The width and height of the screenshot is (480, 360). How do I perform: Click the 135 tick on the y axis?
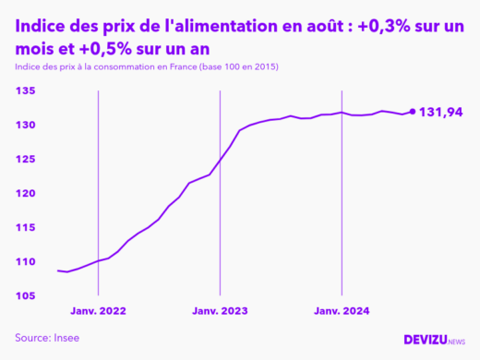(24, 90)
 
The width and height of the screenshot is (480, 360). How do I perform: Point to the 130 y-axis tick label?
(24, 125)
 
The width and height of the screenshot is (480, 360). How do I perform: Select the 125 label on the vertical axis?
(24, 159)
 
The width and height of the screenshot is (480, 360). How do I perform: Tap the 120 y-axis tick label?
(24, 193)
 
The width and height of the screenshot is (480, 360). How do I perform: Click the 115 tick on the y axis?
(24, 227)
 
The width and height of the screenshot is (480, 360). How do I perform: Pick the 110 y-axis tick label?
(24, 261)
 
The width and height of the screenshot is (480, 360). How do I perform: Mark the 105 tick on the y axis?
(24, 295)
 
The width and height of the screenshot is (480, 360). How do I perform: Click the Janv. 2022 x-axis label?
(98, 312)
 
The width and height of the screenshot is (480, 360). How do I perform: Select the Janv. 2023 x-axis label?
(220, 312)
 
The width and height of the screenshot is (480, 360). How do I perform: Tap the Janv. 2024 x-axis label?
(342, 312)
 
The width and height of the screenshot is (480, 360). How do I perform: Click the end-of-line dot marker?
(412, 112)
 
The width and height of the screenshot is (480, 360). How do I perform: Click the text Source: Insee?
(47, 338)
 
